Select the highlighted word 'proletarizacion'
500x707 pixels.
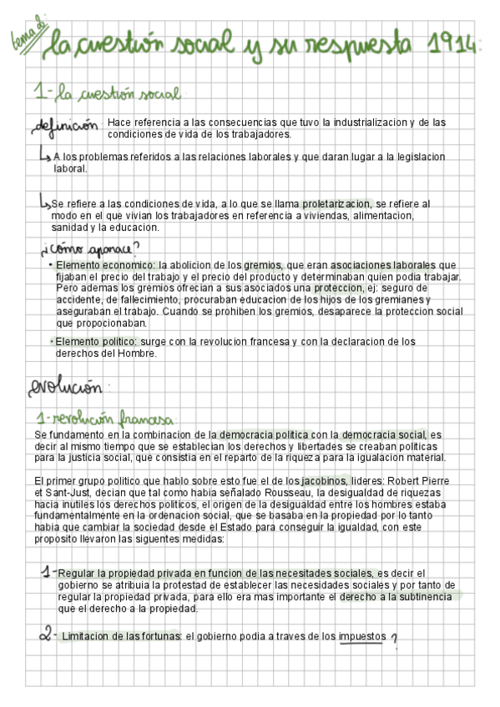335,203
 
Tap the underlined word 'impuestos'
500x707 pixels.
362,637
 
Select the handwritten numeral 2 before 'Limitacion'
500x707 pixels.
46,636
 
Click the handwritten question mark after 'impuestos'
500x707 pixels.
394,639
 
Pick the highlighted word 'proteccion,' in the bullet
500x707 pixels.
335,288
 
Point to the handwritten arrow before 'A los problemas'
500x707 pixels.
43,155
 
